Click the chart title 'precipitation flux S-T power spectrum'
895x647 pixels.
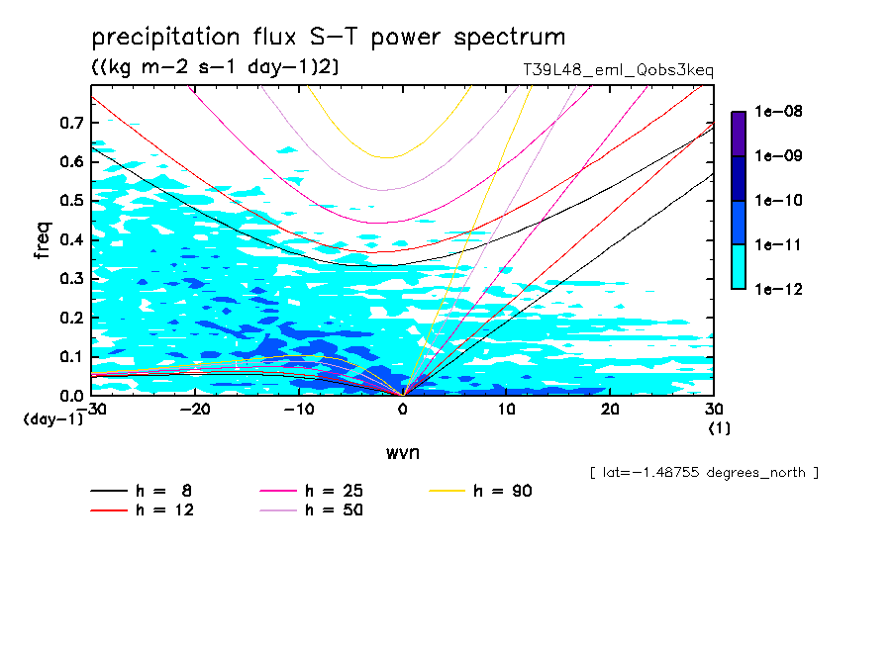pos(328,38)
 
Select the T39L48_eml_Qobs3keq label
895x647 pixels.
pos(618,70)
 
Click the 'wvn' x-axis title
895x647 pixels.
pos(402,452)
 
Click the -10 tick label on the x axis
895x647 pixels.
pos(298,410)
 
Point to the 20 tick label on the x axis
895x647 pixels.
pos(610,410)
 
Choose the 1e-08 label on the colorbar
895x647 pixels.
pos(779,112)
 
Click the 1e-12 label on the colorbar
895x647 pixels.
pos(779,289)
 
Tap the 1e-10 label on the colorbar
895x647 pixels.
pos(779,201)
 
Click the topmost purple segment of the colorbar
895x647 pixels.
pos(739,134)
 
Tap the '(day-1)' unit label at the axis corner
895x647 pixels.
pos(52,419)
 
